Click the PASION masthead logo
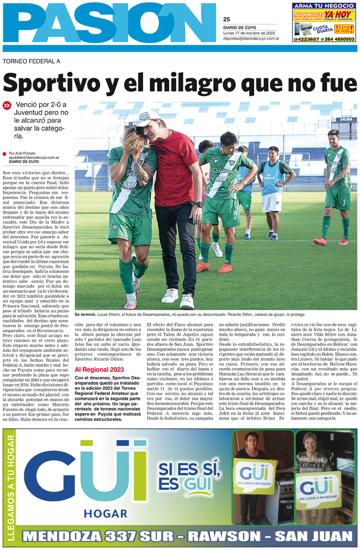(109, 23)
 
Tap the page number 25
(226, 19)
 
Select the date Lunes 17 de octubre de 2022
(249, 33)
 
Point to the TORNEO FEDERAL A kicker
(32, 62)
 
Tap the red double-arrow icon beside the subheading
(7, 106)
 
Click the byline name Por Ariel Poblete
(23, 152)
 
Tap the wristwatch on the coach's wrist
(197, 204)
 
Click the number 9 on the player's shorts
(344, 202)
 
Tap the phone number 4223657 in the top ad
(308, 39)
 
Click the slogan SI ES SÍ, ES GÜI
(189, 475)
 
